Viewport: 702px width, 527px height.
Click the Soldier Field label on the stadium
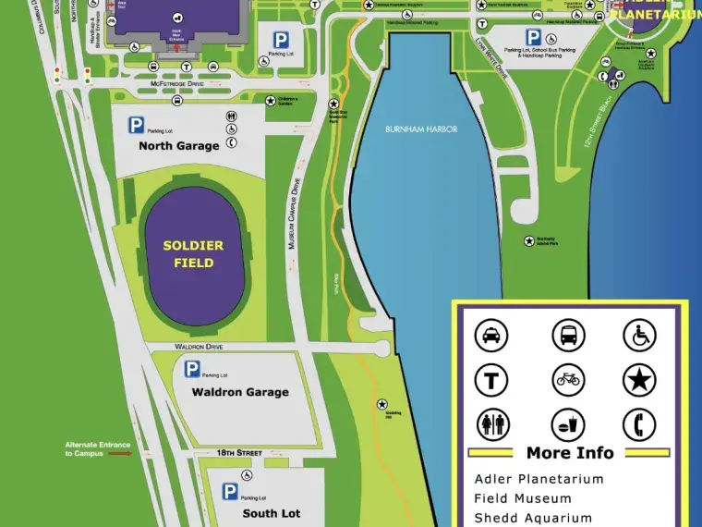(x=193, y=254)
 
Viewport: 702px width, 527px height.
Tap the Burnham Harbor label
(x=421, y=129)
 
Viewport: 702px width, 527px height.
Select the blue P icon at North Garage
(x=137, y=126)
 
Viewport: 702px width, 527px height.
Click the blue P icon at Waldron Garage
(x=192, y=370)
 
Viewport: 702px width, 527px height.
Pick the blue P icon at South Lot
(x=230, y=491)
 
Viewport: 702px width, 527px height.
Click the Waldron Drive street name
(x=200, y=347)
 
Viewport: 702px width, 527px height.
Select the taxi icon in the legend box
(x=491, y=335)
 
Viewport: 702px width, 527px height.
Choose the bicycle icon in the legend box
(x=568, y=380)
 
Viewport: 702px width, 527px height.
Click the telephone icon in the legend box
(x=638, y=424)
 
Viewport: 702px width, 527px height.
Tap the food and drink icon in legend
(x=568, y=424)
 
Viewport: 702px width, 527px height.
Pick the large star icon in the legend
(x=638, y=380)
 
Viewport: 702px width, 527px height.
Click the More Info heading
(x=569, y=453)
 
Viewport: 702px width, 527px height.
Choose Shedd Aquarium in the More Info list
(x=533, y=518)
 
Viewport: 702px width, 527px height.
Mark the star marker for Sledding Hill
(x=382, y=404)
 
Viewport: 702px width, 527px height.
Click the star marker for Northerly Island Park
(x=529, y=241)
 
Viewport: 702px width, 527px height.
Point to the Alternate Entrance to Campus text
(x=97, y=449)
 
